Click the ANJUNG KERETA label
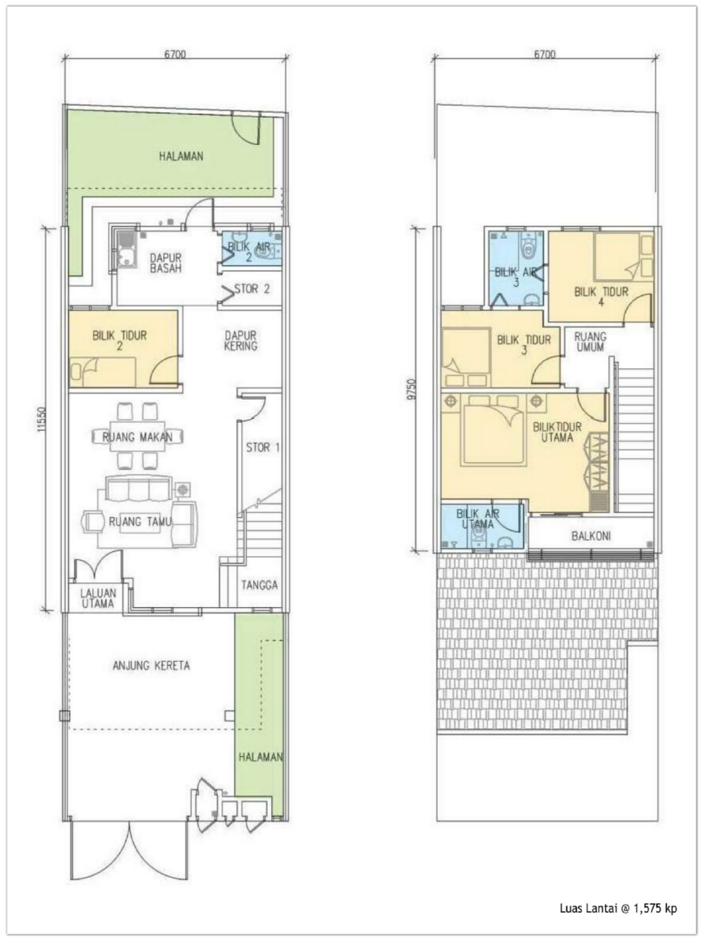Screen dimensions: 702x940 click(x=151, y=666)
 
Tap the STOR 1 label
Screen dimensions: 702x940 click(x=263, y=448)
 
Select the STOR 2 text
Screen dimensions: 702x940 click(x=251, y=289)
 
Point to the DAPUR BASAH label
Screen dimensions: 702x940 click(x=165, y=263)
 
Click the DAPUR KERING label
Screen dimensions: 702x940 click(x=241, y=341)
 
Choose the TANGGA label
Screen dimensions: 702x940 click(x=259, y=585)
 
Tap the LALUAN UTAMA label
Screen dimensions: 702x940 click(x=98, y=598)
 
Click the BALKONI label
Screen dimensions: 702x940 click(x=591, y=536)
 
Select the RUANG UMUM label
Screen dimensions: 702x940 click(x=590, y=342)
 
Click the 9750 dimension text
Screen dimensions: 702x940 click(x=412, y=389)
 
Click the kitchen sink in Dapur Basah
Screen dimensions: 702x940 click(x=125, y=250)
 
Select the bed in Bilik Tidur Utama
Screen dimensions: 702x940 click(x=493, y=429)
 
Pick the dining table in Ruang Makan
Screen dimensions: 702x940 click(x=137, y=436)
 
